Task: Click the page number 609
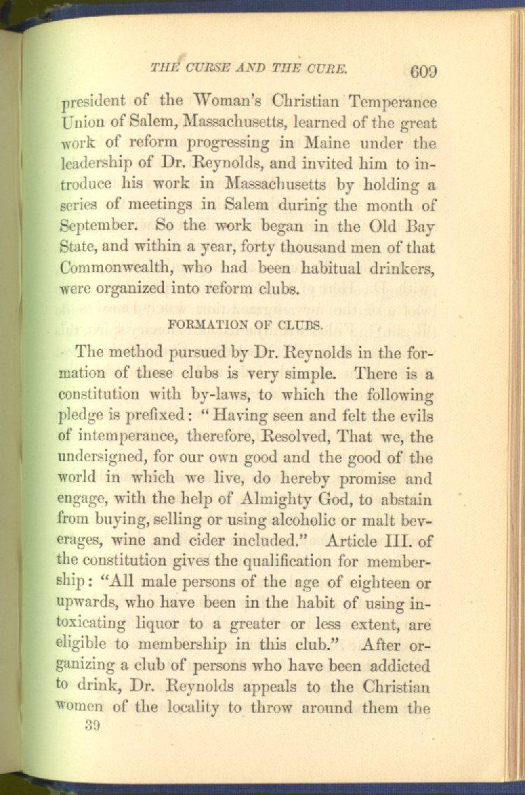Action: (x=424, y=71)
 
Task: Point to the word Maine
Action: (x=328, y=144)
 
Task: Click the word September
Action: (x=94, y=227)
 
